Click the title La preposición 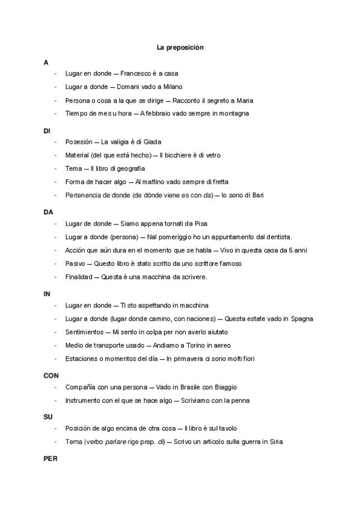pos(180,46)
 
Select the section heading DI pos(47,130)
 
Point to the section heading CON pos(50,375)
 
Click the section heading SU pos(47,416)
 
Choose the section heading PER pos(49,458)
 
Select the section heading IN pos(46,293)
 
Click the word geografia pos(131,169)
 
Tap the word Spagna pos(301,319)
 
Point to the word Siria pos(275,441)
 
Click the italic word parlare pos(114,441)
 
